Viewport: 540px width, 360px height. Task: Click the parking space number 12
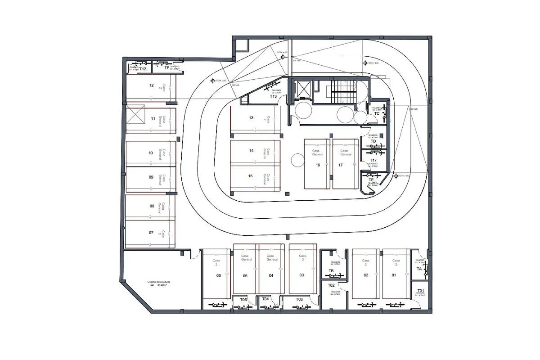[x=151, y=85]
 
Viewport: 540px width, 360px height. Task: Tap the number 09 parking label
[x=151, y=177]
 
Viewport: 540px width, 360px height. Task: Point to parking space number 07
[x=151, y=233]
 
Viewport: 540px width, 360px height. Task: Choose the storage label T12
[x=143, y=69]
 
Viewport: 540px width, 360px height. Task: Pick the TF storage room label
[x=166, y=68]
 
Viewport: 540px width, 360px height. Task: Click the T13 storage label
[x=273, y=96]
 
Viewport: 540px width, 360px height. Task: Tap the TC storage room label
[x=377, y=114]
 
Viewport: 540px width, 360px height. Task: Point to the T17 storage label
[x=373, y=160]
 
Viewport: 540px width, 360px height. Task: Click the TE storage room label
[x=371, y=180]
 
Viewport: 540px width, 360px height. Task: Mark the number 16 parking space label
[x=318, y=165]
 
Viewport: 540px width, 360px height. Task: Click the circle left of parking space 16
[x=297, y=160]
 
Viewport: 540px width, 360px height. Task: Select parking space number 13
[x=251, y=118]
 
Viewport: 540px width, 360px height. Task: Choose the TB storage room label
[x=331, y=271]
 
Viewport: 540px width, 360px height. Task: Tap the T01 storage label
[x=420, y=291]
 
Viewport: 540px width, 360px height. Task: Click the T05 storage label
[x=243, y=299]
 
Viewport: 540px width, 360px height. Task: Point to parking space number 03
[x=301, y=275]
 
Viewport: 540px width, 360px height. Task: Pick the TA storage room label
[x=419, y=269]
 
